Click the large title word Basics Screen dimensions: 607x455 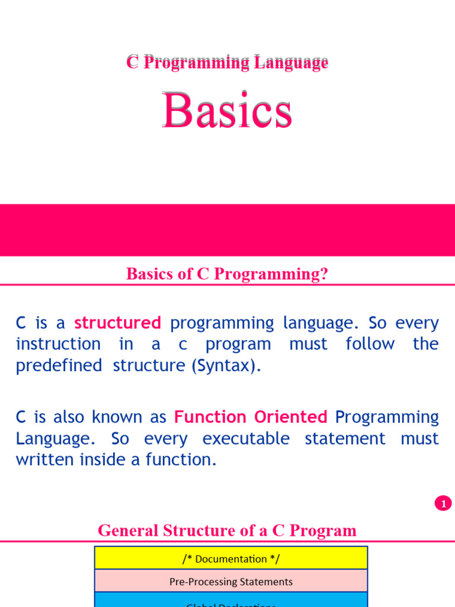point(227,111)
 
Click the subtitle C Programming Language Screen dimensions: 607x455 point(227,62)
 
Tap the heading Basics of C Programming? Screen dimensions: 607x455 point(227,274)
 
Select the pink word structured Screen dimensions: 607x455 point(117,323)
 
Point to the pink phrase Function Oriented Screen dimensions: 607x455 point(251,417)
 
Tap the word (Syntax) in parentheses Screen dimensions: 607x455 point(226,366)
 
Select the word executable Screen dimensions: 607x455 point(246,439)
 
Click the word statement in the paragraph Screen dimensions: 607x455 point(345,439)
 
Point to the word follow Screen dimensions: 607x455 point(370,344)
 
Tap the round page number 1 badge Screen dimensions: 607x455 point(443,503)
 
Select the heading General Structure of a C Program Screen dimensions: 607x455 point(227,530)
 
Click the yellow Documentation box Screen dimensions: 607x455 point(231,558)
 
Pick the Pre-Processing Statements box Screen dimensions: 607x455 point(231,582)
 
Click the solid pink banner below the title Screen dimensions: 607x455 point(227,230)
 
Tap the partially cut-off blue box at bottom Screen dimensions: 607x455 point(231,601)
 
